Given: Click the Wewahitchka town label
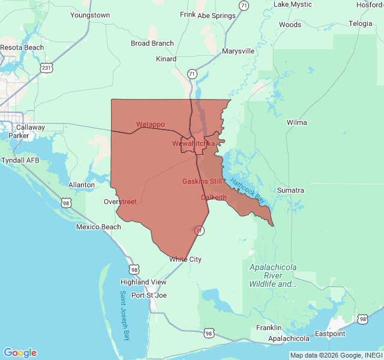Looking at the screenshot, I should click(193, 143).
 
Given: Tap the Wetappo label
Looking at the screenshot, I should click(150, 124).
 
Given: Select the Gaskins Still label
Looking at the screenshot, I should click(202, 181).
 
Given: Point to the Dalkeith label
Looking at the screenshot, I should click(214, 197).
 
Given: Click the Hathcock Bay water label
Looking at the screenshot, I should click(247, 189).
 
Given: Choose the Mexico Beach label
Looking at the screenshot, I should click(98, 227).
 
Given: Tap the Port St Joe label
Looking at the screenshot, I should click(149, 295).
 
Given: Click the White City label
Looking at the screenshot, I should click(185, 259).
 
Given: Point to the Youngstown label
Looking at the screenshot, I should click(90, 14).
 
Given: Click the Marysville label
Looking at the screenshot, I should click(238, 51).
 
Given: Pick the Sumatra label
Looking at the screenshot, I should click(290, 190).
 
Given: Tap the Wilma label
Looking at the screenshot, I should click(297, 122).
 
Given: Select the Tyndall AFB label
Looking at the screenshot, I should click(20, 160).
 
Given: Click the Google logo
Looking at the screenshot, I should click(20, 353).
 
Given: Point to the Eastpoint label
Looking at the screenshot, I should click(331, 334).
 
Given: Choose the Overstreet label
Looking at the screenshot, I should click(120, 202).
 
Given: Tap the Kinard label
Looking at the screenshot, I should click(166, 59).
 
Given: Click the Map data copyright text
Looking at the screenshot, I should click(335, 355).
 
